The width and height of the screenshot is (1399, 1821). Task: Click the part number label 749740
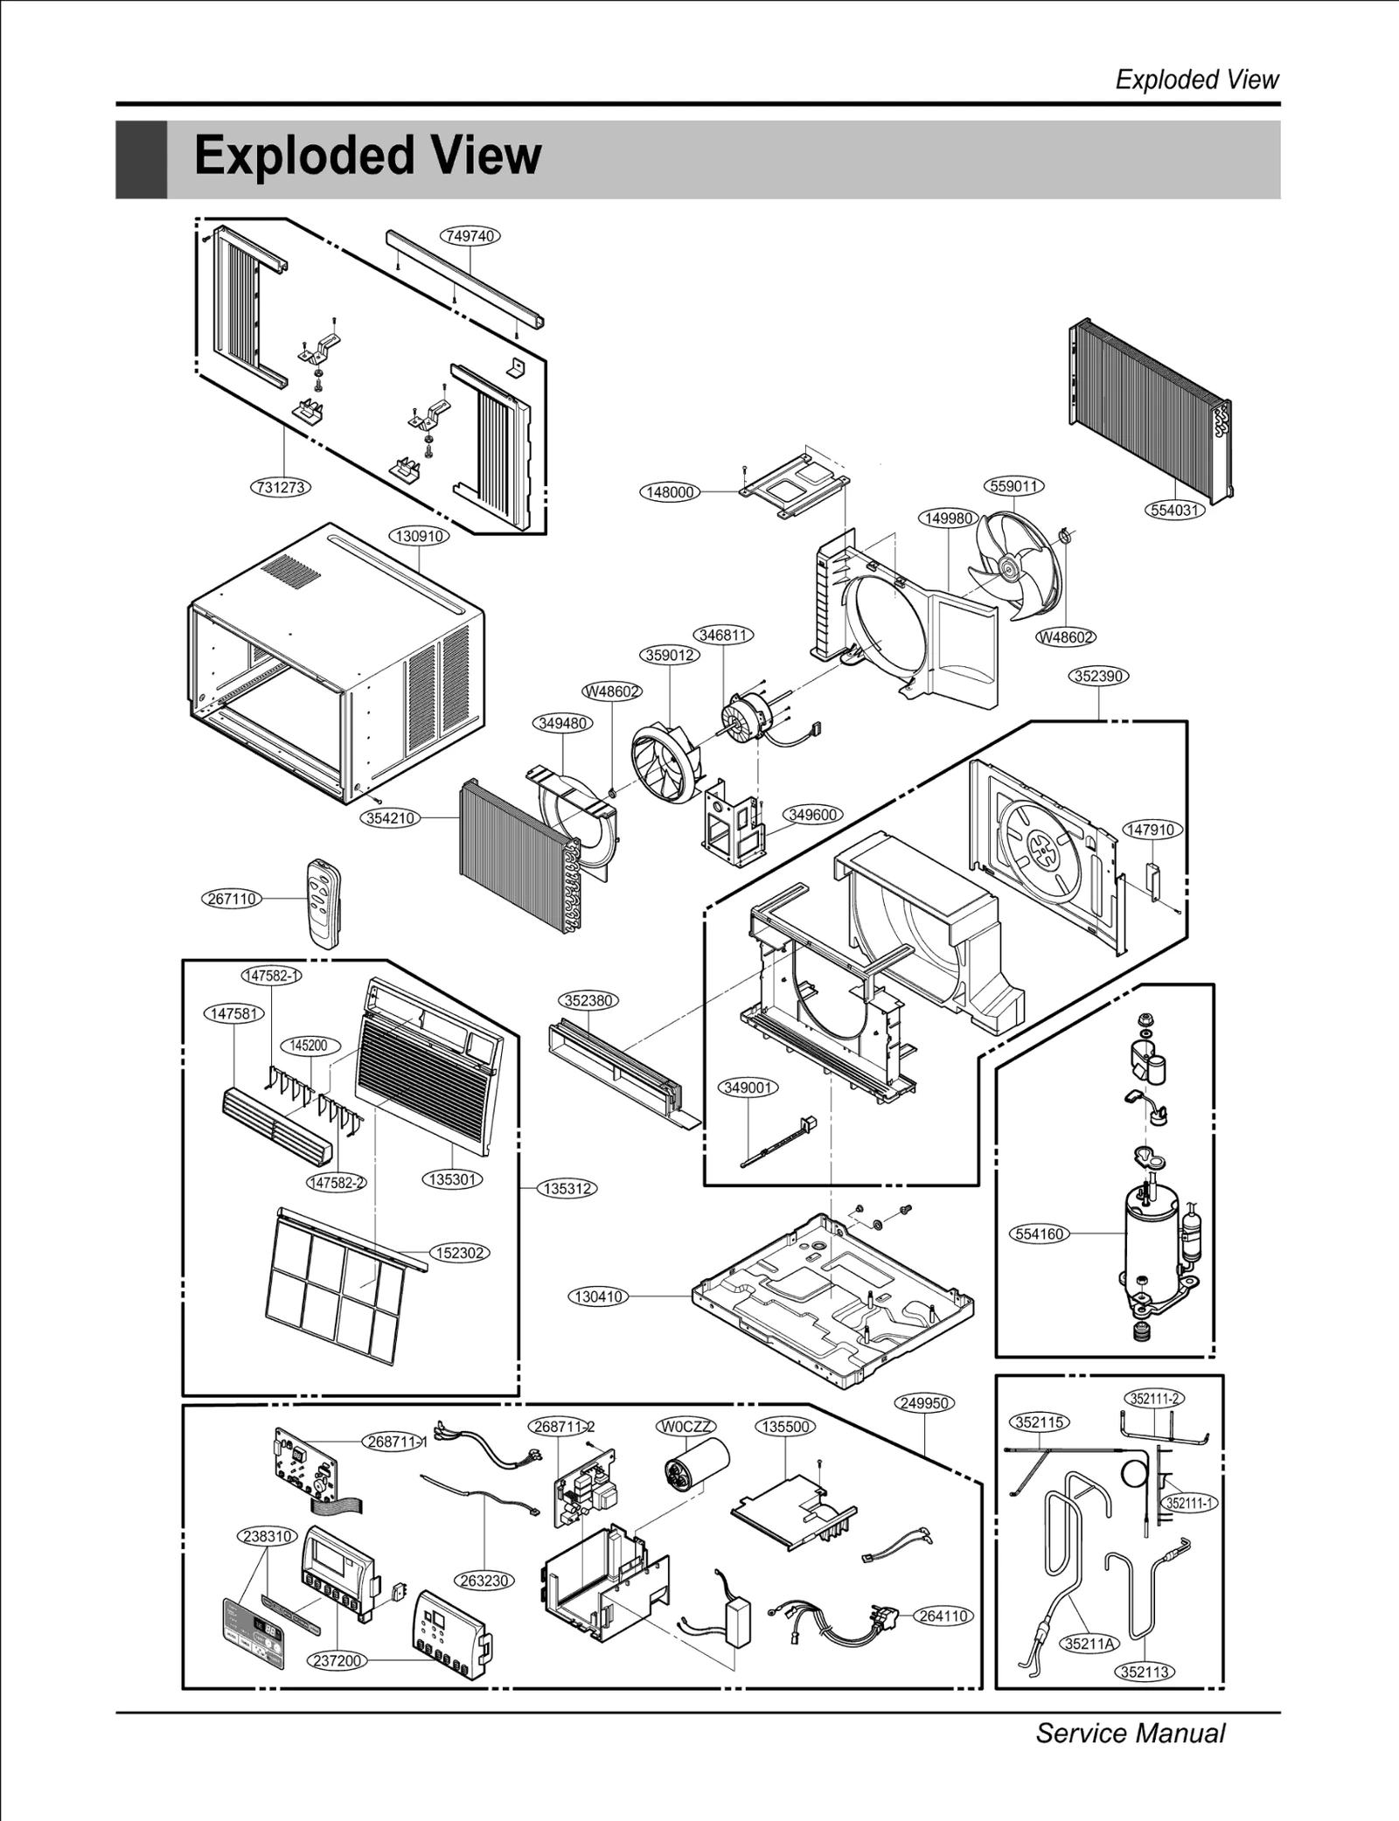[x=470, y=236]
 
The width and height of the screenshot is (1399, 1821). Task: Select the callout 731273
[x=281, y=487]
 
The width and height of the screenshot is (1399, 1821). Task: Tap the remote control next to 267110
[x=323, y=901]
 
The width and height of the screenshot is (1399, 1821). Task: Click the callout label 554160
[x=1040, y=1234]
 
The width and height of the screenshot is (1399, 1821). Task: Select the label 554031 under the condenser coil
[x=1174, y=510]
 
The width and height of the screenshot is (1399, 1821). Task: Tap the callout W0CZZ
[x=686, y=1427]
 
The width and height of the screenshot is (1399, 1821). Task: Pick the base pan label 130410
[x=599, y=1296]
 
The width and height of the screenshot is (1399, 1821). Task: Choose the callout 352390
[x=1099, y=676]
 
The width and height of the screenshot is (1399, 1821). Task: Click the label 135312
[x=567, y=1189]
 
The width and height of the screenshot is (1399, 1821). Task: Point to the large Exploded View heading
[x=367, y=156]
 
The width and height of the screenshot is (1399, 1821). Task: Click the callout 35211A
[x=1089, y=1644]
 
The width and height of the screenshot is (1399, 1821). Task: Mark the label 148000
[x=670, y=492]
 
